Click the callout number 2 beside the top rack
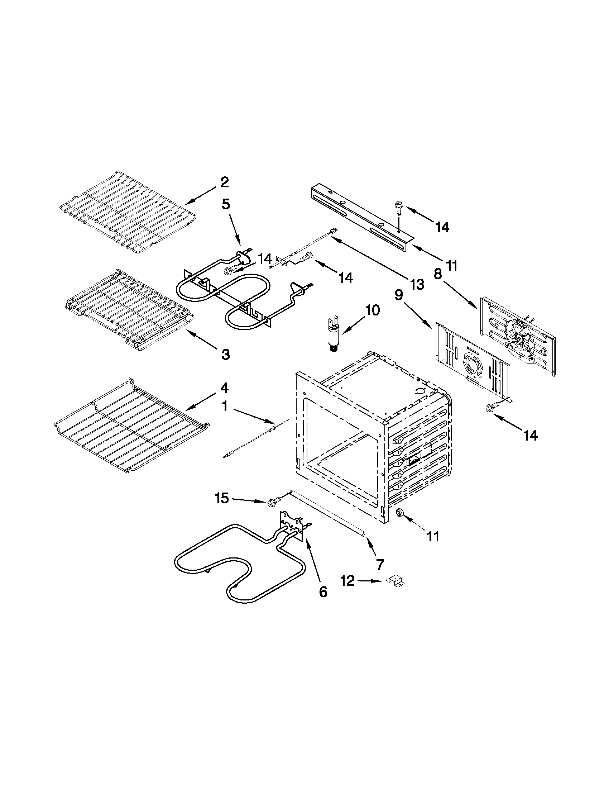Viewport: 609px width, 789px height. click(224, 182)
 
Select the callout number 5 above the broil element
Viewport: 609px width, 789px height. click(225, 204)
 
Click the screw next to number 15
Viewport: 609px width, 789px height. click(274, 502)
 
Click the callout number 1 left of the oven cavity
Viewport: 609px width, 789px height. click(225, 407)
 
